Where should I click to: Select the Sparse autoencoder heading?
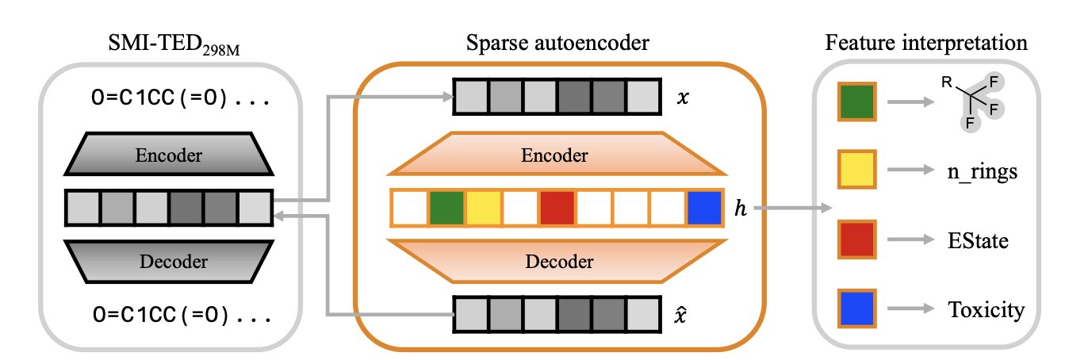pos(557,44)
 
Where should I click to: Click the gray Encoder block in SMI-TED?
pos(168,154)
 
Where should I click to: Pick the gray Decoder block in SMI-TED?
pos(168,261)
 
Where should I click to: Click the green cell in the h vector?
pos(446,207)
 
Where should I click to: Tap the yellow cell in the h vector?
pos(483,207)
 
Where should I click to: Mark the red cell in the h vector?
pos(557,207)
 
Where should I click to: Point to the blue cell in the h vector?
pos(705,207)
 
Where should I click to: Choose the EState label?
pos(975,239)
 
